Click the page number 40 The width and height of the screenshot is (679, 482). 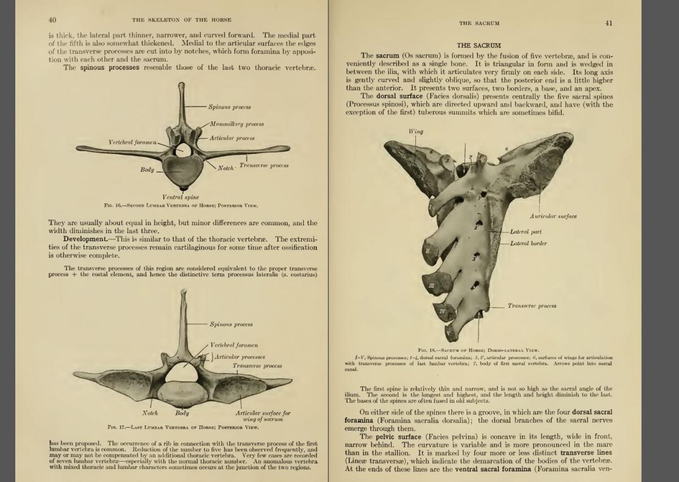coord(52,20)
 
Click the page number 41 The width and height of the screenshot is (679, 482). coord(608,23)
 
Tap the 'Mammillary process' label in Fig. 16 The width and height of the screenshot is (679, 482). coord(237,124)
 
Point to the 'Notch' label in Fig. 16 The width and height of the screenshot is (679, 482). coord(226,168)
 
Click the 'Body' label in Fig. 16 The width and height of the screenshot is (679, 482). coord(147,170)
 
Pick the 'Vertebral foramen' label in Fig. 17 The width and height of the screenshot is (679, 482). coord(234,345)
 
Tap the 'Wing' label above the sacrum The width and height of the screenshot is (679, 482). coord(416,132)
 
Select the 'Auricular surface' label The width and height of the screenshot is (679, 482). coord(553,217)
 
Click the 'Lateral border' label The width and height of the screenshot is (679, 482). coord(528,244)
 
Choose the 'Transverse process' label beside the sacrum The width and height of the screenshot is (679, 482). coord(531,306)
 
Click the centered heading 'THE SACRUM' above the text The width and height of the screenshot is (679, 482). coord(479,45)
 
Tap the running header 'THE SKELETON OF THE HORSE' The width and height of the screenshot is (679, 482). coord(182,20)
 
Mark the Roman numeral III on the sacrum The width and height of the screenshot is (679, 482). coord(432,286)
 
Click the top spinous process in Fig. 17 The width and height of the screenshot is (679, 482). coord(183,300)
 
